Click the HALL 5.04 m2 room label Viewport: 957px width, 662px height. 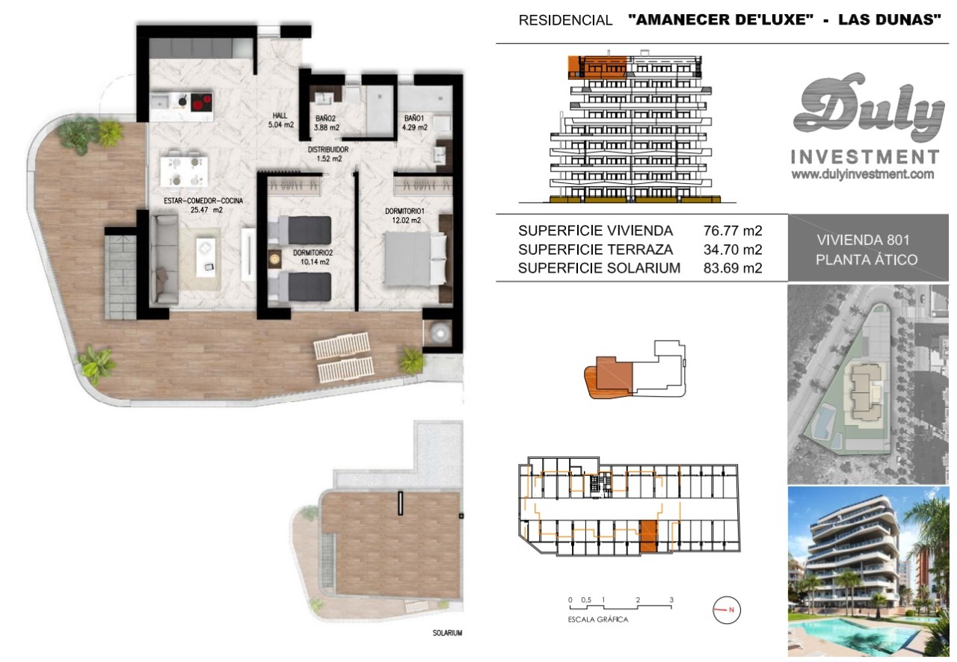click(x=280, y=120)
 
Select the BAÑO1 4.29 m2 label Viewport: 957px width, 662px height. click(x=414, y=123)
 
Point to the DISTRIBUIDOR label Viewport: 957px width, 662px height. click(x=328, y=149)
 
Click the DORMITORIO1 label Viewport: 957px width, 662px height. click(x=404, y=211)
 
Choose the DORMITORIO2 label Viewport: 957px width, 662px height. click(x=313, y=253)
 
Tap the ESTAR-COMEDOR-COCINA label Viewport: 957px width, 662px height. click(x=203, y=201)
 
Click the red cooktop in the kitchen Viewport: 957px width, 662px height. click(x=202, y=102)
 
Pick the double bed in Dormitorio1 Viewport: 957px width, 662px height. click(x=415, y=258)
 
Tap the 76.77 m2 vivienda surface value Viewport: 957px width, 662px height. click(x=733, y=231)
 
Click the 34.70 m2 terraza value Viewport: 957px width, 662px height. click(x=733, y=250)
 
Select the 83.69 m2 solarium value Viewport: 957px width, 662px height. click(x=733, y=267)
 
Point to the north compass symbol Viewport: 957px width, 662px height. click(x=726, y=610)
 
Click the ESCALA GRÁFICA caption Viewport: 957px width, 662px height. click(x=597, y=619)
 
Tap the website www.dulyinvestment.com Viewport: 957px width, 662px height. click(x=863, y=174)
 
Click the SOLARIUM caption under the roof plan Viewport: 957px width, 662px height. click(x=447, y=633)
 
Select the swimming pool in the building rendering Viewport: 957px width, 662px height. click(x=859, y=634)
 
